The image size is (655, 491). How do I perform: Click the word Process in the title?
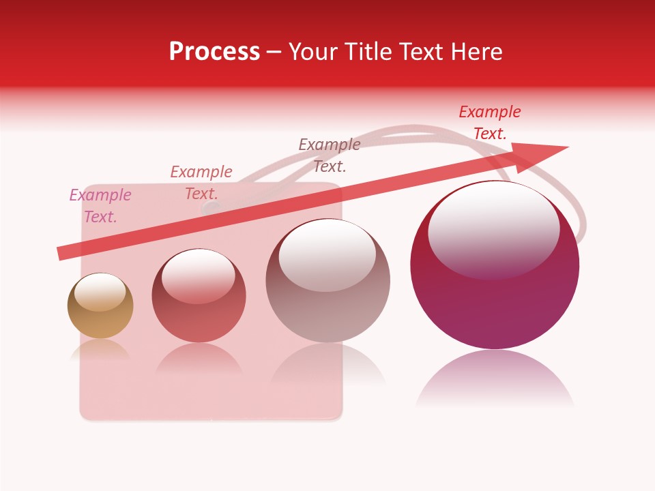pos(214,52)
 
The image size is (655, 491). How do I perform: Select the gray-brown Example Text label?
pos(330,155)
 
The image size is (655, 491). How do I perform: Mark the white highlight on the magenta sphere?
pos(493,228)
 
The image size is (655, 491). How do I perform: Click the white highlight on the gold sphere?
pos(100,292)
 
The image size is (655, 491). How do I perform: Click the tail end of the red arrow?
pos(63,253)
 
